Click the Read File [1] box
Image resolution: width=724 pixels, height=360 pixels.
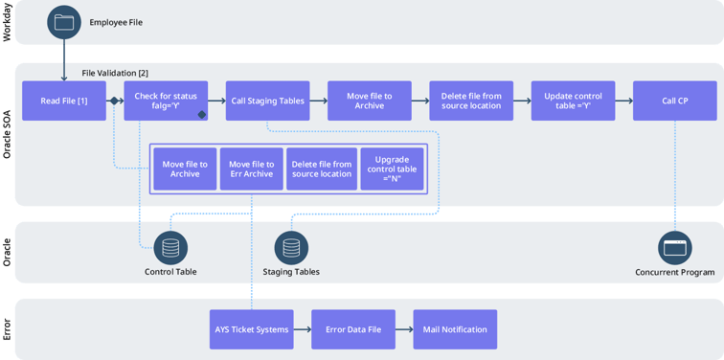tap(64, 101)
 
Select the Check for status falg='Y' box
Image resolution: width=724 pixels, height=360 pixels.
tap(166, 101)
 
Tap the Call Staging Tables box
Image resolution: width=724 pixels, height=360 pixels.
tap(267, 101)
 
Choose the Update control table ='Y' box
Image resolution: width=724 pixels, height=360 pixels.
tap(573, 101)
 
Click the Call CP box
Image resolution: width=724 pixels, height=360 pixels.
tap(674, 101)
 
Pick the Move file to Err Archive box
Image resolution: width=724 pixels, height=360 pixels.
tap(251, 169)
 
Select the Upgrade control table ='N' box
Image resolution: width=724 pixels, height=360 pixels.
tap(392, 169)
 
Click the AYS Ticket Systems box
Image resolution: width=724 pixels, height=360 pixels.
tap(251, 329)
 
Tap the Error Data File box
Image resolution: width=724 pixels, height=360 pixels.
tap(352, 329)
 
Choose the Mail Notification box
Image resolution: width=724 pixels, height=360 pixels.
tap(455, 329)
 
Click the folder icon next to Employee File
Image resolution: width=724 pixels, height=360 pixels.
tap(64, 23)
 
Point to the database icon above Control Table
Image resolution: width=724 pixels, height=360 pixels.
tap(170, 248)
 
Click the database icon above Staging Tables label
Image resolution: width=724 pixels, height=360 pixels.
tap(291, 248)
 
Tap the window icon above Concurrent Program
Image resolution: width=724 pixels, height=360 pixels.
tap(674, 248)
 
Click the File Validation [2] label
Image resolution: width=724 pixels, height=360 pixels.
tap(115, 73)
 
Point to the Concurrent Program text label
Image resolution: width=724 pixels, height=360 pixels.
tap(675, 273)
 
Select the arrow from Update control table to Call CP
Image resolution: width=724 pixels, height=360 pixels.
tap(623, 101)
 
